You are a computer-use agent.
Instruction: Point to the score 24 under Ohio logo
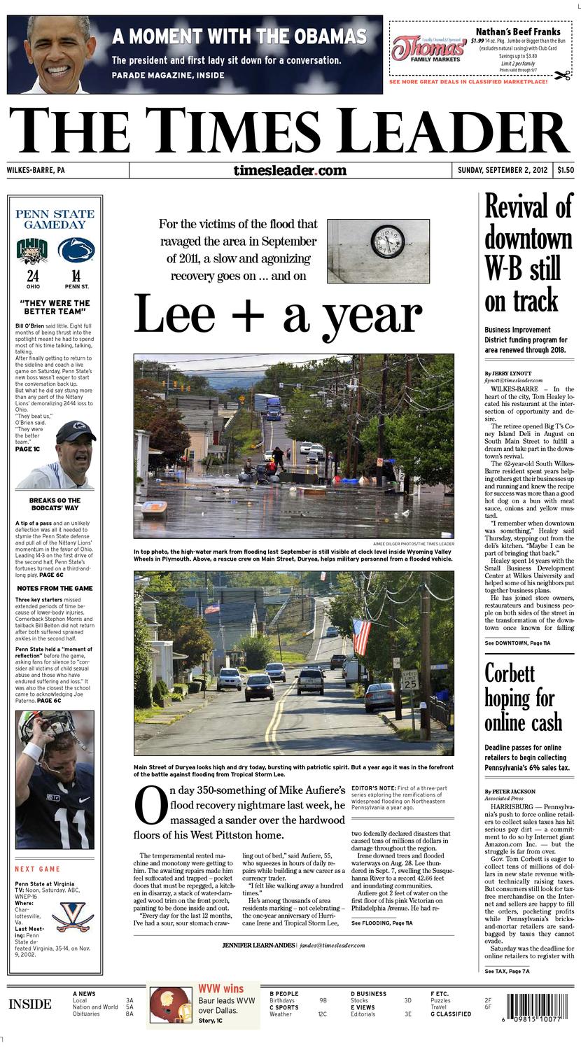33,276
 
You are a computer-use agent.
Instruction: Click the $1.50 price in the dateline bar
566,170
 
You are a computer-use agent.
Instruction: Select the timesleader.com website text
290,170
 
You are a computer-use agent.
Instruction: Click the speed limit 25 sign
411,680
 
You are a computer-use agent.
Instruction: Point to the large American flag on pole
361,634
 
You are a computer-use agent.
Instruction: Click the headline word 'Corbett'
510,674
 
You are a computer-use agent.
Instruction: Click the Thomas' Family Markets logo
429,50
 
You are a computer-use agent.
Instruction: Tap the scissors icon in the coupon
562,76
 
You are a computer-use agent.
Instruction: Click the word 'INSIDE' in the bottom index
30,1004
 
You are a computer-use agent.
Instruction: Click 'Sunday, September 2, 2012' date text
502,170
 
